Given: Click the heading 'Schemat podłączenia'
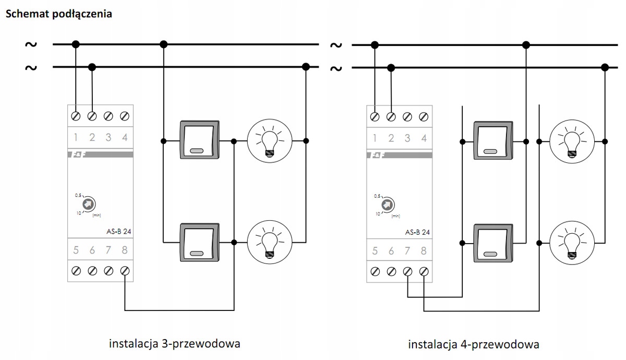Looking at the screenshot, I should [x=58, y=14].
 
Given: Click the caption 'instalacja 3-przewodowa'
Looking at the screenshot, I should [x=174, y=344].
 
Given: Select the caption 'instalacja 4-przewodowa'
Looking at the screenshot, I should [x=473, y=345].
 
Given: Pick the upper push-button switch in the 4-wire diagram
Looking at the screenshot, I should [x=491, y=140].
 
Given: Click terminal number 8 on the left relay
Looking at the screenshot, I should [x=125, y=271].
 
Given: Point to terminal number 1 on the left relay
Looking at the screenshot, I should [x=76, y=115].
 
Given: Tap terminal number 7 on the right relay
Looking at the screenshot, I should [x=407, y=271].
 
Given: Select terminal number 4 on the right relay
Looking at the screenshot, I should [x=424, y=115].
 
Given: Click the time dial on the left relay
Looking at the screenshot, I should [x=88, y=203].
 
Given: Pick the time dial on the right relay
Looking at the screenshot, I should [x=387, y=205].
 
